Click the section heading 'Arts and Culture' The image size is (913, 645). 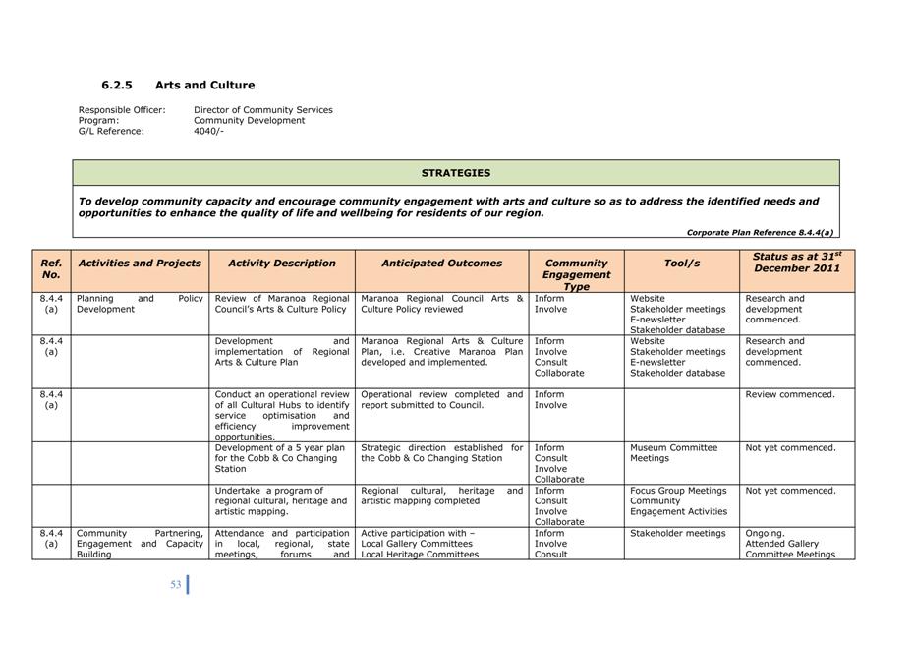(204, 86)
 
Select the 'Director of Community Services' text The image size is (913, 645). (262, 110)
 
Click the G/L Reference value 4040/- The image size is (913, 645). (208, 131)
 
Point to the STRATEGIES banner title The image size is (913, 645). (455, 173)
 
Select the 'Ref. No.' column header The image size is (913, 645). (51, 269)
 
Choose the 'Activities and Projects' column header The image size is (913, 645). (140, 264)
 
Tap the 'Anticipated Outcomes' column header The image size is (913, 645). (441, 264)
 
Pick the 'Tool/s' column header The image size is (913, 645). (681, 264)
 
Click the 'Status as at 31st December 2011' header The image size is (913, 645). (796, 263)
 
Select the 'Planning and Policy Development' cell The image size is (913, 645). (140, 304)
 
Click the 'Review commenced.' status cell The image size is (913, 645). (790, 395)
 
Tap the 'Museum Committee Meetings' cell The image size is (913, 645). (673, 453)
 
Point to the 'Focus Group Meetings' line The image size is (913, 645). (678, 491)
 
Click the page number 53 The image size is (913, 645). (176, 585)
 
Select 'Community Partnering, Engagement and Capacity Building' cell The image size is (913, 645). (140, 544)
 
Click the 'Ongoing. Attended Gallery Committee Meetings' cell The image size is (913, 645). (790, 544)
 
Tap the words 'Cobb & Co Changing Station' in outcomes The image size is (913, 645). (431, 458)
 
